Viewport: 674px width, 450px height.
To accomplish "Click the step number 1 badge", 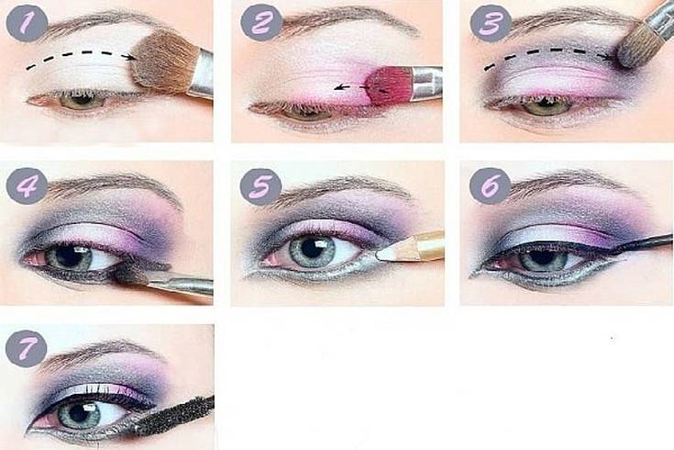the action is pos(27,23).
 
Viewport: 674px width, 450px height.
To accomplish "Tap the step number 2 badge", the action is pos(261,22).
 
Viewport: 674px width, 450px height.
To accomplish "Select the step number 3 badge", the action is pos(491,23).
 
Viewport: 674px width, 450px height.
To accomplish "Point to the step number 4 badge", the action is pos(27,186).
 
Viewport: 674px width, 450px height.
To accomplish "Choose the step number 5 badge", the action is pos(260,186).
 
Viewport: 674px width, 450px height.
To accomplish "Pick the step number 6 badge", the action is pos(491,186).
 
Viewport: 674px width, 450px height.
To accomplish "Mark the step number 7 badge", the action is pos(27,348).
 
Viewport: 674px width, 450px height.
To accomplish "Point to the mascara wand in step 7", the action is pos(176,416).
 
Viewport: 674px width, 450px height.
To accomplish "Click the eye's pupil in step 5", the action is pos(313,249).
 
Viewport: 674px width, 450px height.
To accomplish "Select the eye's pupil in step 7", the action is pos(81,413).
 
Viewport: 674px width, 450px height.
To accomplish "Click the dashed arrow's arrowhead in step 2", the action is pos(340,88).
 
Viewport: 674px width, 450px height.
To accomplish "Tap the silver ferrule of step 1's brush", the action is pos(201,74).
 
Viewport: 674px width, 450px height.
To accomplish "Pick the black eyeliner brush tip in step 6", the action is pos(619,248).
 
